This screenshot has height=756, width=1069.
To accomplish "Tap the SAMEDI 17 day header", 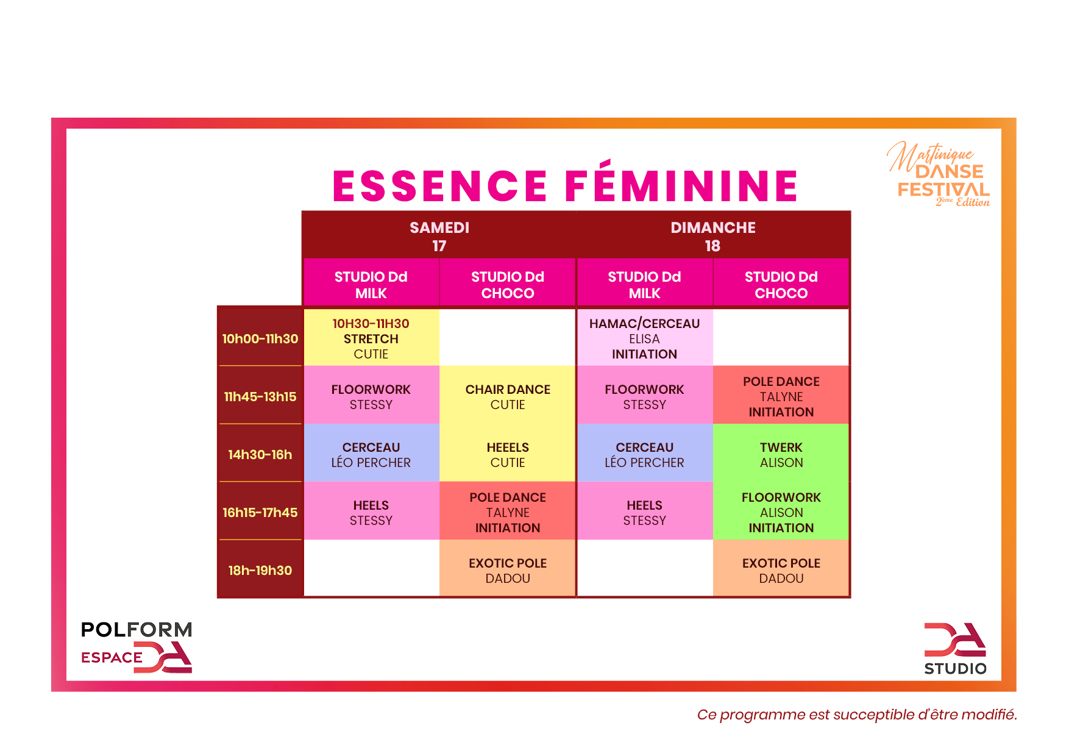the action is pyautogui.click(x=439, y=237).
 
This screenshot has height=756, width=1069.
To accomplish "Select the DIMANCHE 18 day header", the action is pyautogui.click(x=712, y=237).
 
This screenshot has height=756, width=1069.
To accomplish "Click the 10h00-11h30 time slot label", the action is pyautogui.click(x=260, y=339).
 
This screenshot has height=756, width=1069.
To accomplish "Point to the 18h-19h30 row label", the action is pyautogui.click(x=260, y=571).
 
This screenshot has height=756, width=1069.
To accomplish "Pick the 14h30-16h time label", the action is pyautogui.click(x=260, y=455).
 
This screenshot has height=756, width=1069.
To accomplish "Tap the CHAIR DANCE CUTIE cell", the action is pyautogui.click(x=508, y=397).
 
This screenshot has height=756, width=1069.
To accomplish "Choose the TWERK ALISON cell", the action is pyautogui.click(x=781, y=455).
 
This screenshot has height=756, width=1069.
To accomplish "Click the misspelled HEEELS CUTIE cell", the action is pyautogui.click(x=508, y=455).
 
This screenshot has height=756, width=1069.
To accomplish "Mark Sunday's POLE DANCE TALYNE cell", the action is pyautogui.click(x=781, y=397).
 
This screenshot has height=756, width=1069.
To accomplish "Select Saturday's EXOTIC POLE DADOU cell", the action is pyautogui.click(x=508, y=571).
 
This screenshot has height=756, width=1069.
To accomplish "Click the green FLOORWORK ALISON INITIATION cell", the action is pyautogui.click(x=781, y=513).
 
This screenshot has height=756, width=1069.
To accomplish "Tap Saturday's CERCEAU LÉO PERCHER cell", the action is pyautogui.click(x=371, y=455).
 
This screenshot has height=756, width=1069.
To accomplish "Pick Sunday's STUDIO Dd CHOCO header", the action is pyautogui.click(x=781, y=285).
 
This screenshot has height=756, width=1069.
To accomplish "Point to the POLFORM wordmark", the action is pyautogui.click(x=137, y=630).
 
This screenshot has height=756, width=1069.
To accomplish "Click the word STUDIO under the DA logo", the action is pyautogui.click(x=955, y=669).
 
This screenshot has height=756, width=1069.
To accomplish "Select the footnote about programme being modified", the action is pyautogui.click(x=857, y=715).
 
